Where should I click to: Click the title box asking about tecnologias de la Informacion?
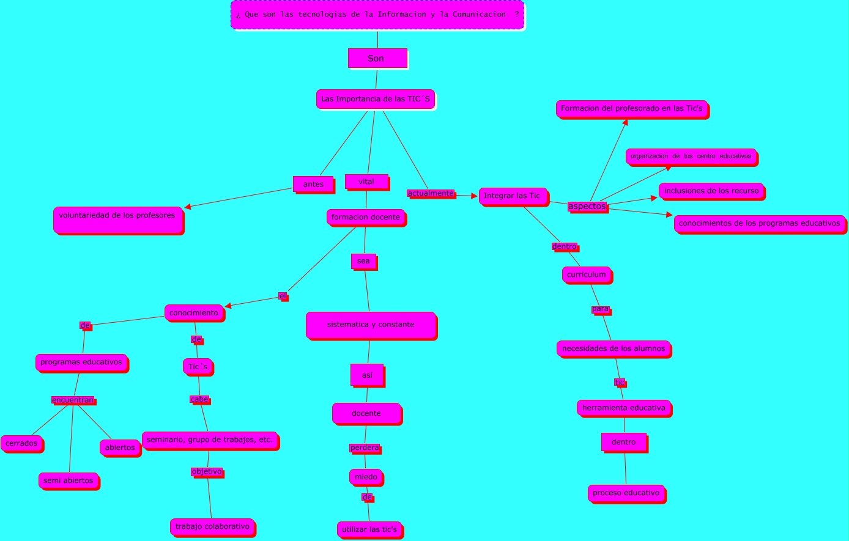point(377,15)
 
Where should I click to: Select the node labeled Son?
point(377,58)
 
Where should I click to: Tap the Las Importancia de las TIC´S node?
point(376,99)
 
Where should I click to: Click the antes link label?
point(313,184)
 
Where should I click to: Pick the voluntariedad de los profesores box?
point(118,219)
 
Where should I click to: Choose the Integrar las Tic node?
point(513,196)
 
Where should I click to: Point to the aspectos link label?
point(587,207)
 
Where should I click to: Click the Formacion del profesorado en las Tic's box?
point(632,109)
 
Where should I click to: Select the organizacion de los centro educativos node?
point(691,156)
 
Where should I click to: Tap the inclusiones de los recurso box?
point(711,191)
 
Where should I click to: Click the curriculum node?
point(586,274)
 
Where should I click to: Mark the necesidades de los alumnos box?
point(614,348)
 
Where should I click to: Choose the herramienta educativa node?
point(624,408)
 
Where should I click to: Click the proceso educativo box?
point(626,493)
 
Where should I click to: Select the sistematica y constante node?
point(371,325)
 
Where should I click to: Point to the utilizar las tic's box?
point(369,529)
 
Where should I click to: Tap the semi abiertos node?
point(69,480)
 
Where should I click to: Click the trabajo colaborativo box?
point(212,526)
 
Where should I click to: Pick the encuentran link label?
point(73,400)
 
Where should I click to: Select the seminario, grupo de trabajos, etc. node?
point(210,440)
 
